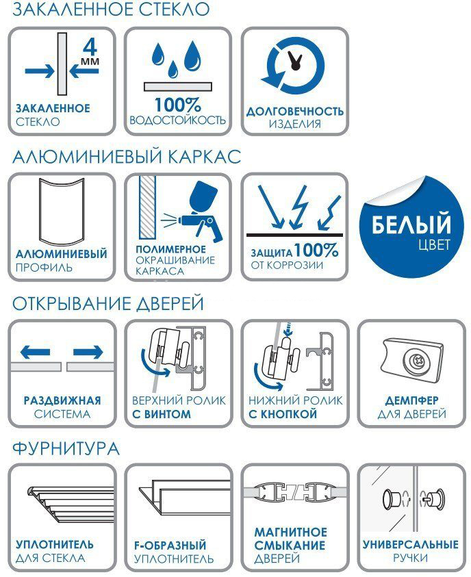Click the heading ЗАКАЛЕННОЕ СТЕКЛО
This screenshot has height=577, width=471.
point(111,9)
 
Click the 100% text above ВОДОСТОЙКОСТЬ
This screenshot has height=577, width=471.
point(178,105)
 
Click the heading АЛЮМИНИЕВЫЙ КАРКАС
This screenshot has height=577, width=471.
point(127,157)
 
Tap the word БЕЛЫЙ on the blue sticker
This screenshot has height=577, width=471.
point(411,224)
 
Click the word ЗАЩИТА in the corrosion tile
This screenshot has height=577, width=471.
point(272,253)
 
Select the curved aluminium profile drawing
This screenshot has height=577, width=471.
point(62,211)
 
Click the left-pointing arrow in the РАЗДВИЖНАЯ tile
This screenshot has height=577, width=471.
point(36,352)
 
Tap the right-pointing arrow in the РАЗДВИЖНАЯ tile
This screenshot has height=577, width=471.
point(88,352)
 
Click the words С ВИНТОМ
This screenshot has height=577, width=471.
point(162,414)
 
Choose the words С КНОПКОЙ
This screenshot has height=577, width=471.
point(283,414)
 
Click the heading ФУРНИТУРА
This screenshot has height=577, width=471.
point(66,449)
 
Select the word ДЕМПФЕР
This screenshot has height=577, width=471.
point(411,400)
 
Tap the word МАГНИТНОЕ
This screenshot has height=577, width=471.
point(291,532)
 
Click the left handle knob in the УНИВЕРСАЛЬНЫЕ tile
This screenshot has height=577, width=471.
point(392,500)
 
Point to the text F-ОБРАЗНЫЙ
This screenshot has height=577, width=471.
point(170,546)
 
